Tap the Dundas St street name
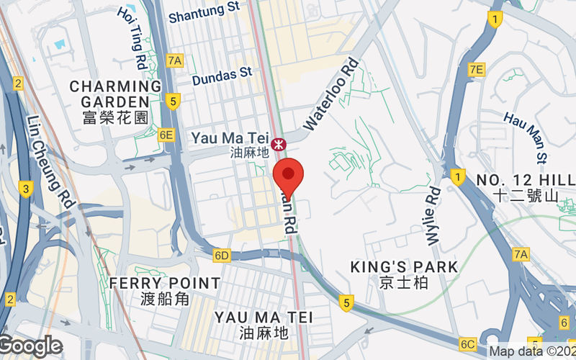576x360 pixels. coord(221,76)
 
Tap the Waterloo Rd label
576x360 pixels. coord(332,94)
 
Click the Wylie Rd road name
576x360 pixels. coord(433,205)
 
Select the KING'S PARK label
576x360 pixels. coord(404,267)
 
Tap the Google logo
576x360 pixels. coord(31,346)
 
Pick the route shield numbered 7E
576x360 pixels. coord(476,69)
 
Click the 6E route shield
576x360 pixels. coord(166,135)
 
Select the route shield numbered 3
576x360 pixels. coord(26,189)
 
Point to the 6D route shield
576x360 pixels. coord(222,256)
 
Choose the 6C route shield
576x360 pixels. coord(468,343)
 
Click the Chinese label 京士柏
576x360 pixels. coord(404,283)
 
